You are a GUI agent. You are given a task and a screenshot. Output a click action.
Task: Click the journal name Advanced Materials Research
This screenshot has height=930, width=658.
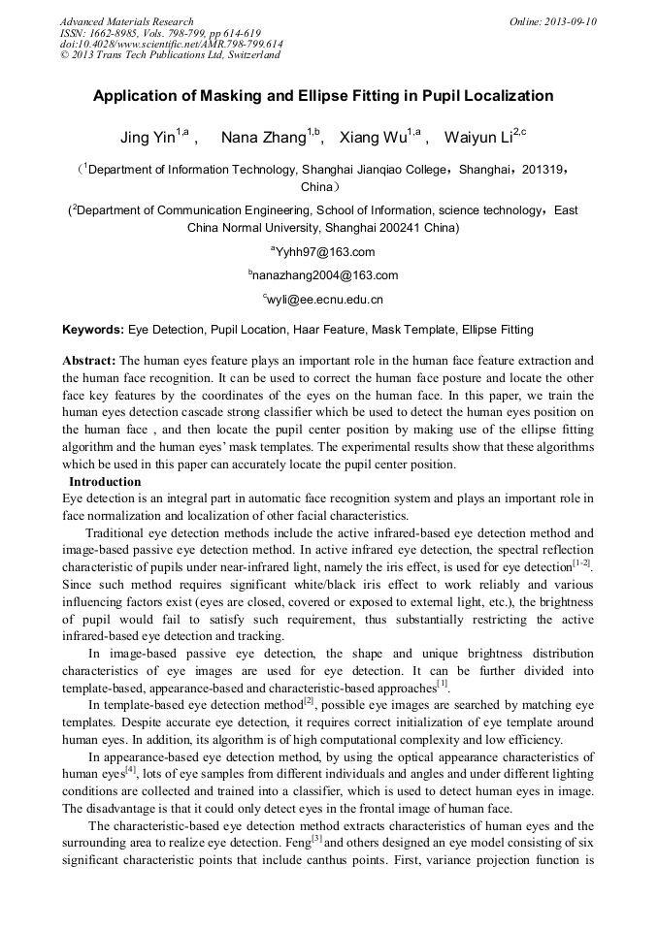click(126, 21)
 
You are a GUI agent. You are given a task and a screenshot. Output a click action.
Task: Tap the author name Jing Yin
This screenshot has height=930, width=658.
click(148, 137)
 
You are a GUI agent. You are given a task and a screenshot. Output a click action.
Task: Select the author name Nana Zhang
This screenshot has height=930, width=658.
click(263, 137)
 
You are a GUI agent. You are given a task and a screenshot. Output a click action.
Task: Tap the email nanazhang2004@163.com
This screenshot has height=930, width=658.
click(325, 275)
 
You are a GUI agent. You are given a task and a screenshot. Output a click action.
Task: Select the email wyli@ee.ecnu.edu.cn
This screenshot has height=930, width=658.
click(325, 300)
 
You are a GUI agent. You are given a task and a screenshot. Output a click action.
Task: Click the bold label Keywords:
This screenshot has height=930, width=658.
click(93, 330)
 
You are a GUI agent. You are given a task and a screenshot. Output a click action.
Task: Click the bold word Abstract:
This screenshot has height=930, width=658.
click(89, 360)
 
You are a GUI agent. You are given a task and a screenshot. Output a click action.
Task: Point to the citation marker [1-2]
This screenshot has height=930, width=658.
click(582, 562)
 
